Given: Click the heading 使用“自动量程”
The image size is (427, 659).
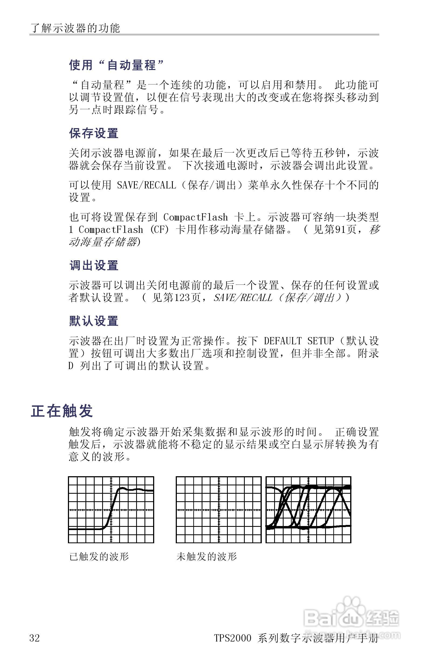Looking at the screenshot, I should tap(116, 65).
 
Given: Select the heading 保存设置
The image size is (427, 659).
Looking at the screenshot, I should tap(94, 134).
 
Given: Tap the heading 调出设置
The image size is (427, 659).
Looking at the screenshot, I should tap(94, 265).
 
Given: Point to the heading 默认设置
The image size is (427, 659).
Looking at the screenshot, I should tap(94, 321).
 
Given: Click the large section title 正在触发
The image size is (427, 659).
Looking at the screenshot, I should tap(61, 411).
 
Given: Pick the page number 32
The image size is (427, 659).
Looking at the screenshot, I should tap(35, 638).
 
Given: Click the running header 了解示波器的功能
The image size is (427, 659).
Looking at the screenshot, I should tap(75, 28).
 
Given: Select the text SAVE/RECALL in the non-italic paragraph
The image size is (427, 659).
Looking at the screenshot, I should tap(146, 185).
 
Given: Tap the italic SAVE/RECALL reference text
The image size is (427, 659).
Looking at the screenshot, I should tap(243, 298).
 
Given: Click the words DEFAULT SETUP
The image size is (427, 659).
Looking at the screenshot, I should tap(299, 341).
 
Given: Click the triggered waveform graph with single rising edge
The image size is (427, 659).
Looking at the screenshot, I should tap(111, 510).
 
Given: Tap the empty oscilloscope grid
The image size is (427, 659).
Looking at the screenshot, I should tap(219, 510).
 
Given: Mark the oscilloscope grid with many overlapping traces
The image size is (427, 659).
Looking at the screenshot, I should tap(308, 510).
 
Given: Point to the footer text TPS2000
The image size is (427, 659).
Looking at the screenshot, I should tap(232, 638).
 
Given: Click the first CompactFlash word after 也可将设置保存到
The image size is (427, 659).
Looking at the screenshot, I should tap(195, 217).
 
